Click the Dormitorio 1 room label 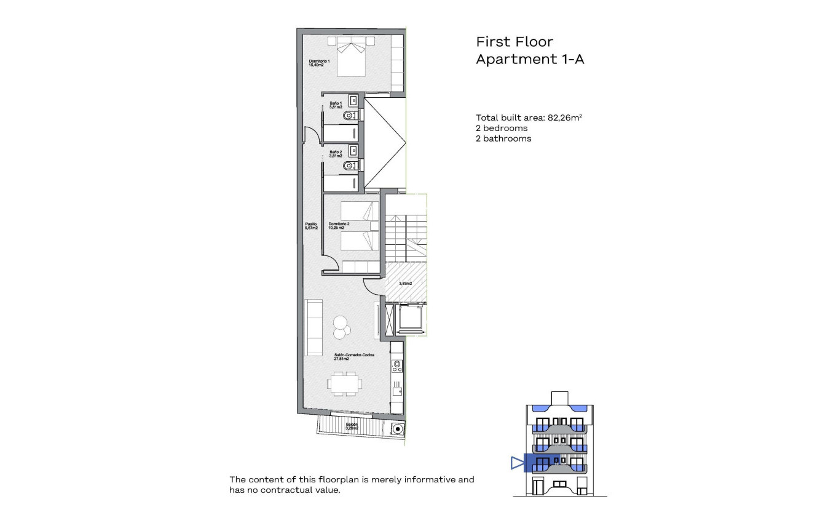pyautogui.click(x=320, y=63)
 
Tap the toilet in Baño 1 pyautogui.click(x=350, y=115)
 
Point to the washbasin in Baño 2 pyautogui.click(x=353, y=150)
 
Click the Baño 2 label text pyautogui.click(x=336, y=154)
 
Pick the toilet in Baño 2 pyautogui.click(x=350, y=166)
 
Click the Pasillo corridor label pyautogui.click(x=311, y=226)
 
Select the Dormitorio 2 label pyautogui.click(x=339, y=226)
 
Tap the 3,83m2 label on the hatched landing pyautogui.click(x=405, y=284)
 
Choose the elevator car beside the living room pyautogui.click(x=409, y=318)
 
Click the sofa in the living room pyautogui.click(x=314, y=327)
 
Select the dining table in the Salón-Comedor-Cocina pyautogui.click(x=344, y=383)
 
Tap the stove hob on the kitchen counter pyautogui.click(x=396, y=367)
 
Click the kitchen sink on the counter pyautogui.click(x=397, y=389)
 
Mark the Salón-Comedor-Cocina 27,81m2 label pyautogui.click(x=354, y=357)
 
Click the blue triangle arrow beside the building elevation pyautogui.click(x=516, y=463)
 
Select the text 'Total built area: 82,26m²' pyautogui.click(x=529, y=118)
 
